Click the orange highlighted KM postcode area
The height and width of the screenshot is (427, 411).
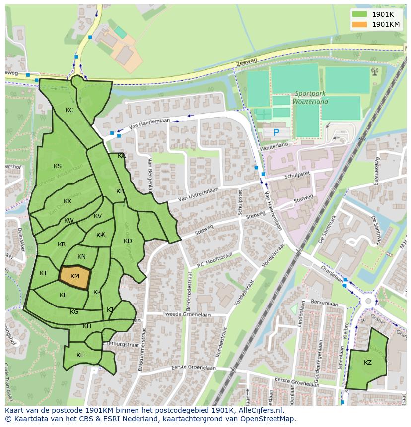coord(75,277)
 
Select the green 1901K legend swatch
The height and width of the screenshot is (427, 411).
coord(360,14)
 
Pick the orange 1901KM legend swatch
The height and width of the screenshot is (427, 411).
coord(360,24)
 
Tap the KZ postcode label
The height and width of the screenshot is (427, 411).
coord(367,363)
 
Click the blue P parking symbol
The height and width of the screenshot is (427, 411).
coord(276,132)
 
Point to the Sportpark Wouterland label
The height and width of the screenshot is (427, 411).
coord(311,97)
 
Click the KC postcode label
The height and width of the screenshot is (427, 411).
coord(69,110)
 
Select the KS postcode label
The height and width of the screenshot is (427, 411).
coord(58,166)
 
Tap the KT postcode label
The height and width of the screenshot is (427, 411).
coord(44,273)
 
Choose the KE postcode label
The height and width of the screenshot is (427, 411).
coord(80,355)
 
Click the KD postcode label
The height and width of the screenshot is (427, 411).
coord(128,241)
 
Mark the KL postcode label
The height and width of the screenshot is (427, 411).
coord(63,295)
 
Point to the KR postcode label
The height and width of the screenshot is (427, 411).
coord(62,244)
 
